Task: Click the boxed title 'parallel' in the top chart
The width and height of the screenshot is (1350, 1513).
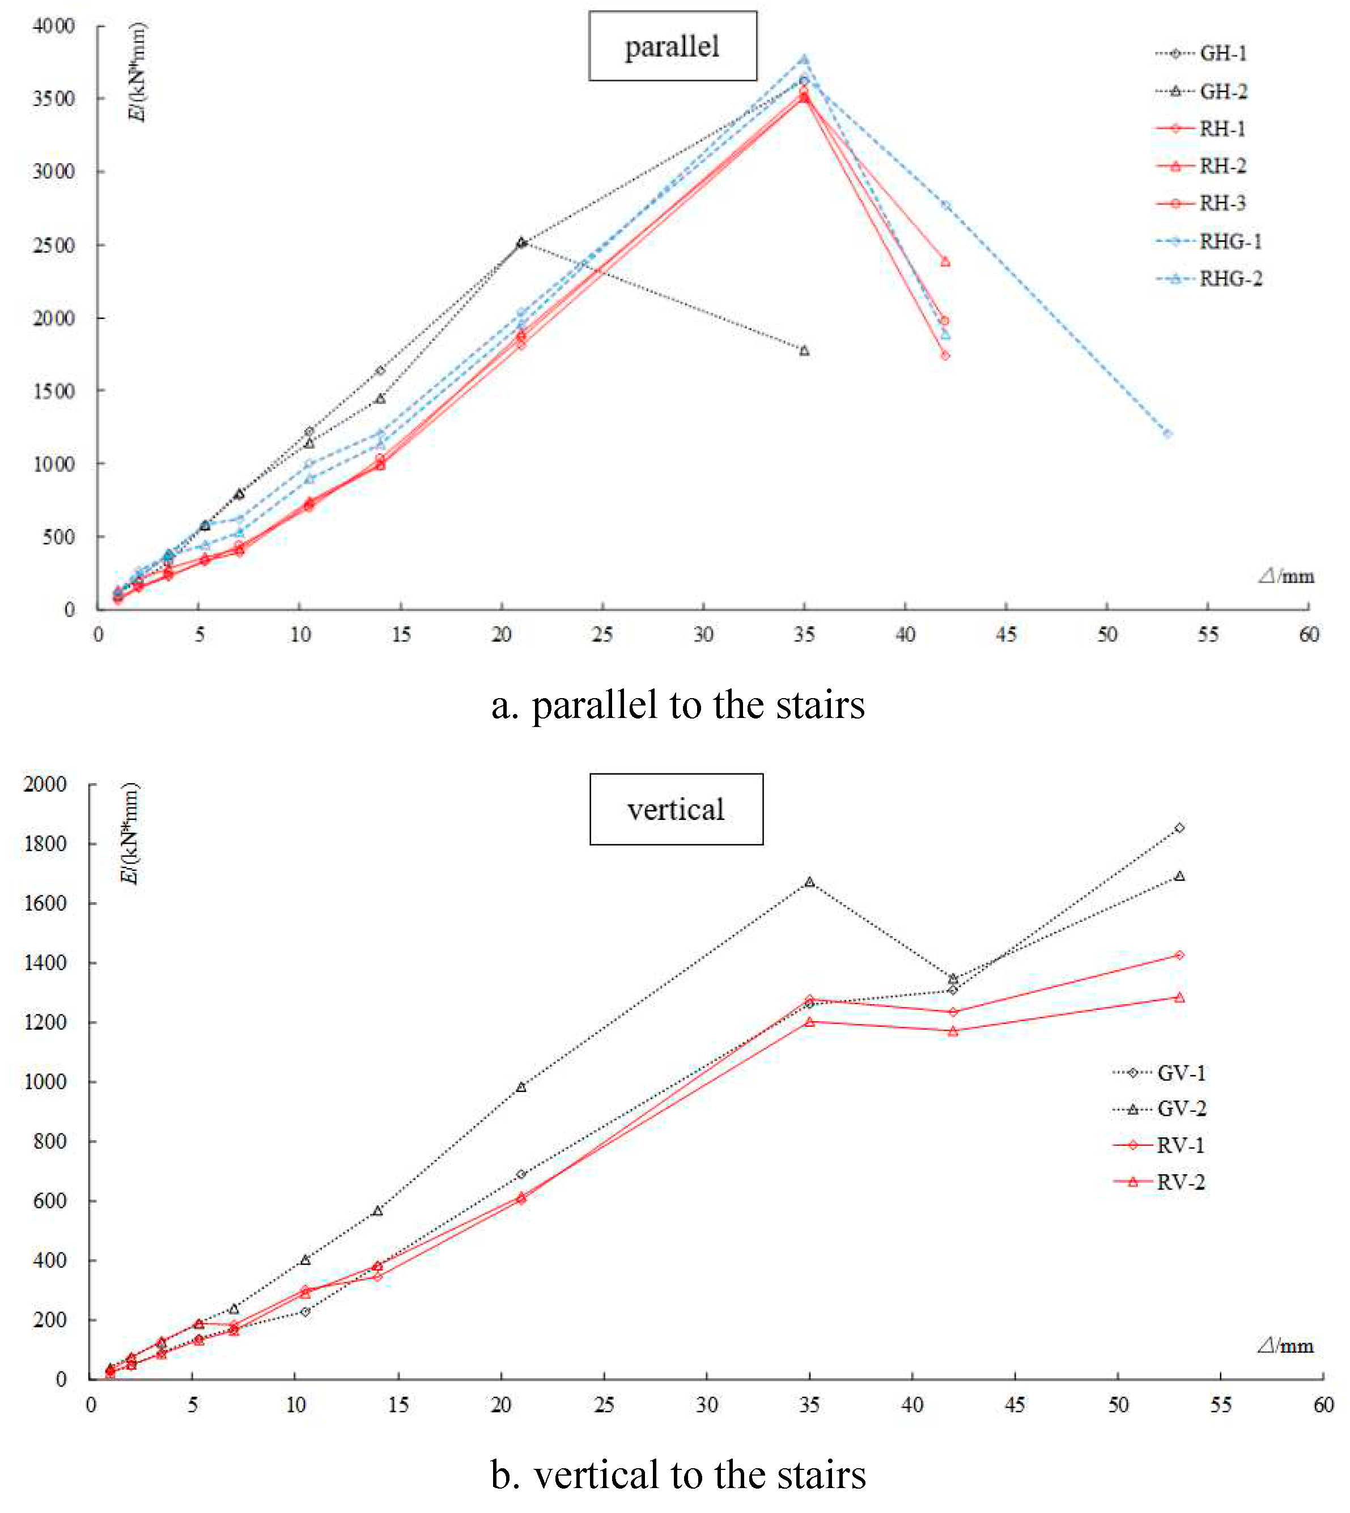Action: click(x=672, y=46)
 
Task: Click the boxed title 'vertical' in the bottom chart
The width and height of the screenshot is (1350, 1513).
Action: click(x=676, y=809)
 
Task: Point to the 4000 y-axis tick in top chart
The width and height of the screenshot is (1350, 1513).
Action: click(x=53, y=26)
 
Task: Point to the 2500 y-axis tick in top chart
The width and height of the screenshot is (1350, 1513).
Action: click(x=53, y=245)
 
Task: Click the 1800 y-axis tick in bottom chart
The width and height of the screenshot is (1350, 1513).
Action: click(x=45, y=843)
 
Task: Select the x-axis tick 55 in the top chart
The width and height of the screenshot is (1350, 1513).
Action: click(x=1208, y=634)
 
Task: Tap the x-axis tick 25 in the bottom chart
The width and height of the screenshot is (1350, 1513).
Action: click(x=604, y=1405)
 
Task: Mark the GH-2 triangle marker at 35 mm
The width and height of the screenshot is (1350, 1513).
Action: click(x=804, y=350)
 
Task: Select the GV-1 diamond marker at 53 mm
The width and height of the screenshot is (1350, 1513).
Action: click(x=1179, y=828)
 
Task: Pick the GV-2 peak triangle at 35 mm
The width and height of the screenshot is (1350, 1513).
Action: click(x=809, y=882)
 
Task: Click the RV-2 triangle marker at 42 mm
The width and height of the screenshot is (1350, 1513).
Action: click(x=952, y=1031)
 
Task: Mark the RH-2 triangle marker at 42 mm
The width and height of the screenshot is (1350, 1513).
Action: click(x=945, y=261)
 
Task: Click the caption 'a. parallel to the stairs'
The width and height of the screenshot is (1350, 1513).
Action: click(x=677, y=704)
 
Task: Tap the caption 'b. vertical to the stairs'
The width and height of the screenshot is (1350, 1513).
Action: click(x=677, y=1474)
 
